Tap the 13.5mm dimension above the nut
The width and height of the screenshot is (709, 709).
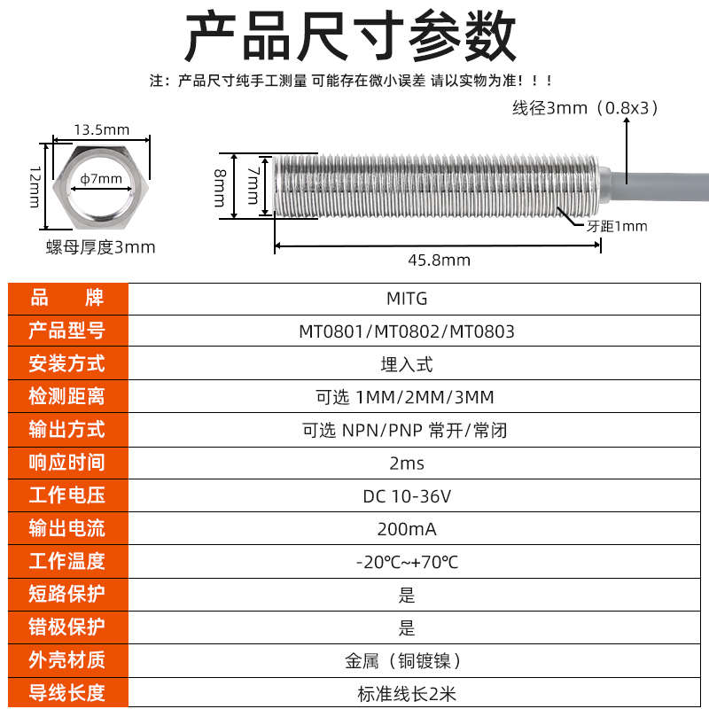click(101, 129)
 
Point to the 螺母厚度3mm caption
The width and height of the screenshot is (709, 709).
click(100, 247)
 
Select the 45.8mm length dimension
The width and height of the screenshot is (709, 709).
click(439, 260)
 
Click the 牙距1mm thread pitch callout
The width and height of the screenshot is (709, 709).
click(617, 226)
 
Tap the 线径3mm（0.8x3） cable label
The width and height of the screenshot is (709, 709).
click(586, 108)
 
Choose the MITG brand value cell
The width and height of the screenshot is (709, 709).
click(407, 299)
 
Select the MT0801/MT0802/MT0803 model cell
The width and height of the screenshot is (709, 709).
click(407, 331)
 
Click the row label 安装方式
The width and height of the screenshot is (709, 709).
click(66, 363)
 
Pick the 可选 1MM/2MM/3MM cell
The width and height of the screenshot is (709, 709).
click(407, 397)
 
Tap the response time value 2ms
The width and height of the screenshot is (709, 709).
click(407, 463)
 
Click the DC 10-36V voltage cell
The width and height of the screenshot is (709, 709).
click(407, 496)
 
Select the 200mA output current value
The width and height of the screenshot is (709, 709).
click(407, 529)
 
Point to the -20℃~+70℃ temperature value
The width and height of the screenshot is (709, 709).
click(407, 562)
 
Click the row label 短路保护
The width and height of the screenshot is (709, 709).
click(66, 594)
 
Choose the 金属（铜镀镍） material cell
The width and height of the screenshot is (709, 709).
click(407, 661)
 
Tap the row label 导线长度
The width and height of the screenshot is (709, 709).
click(66, 693)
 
